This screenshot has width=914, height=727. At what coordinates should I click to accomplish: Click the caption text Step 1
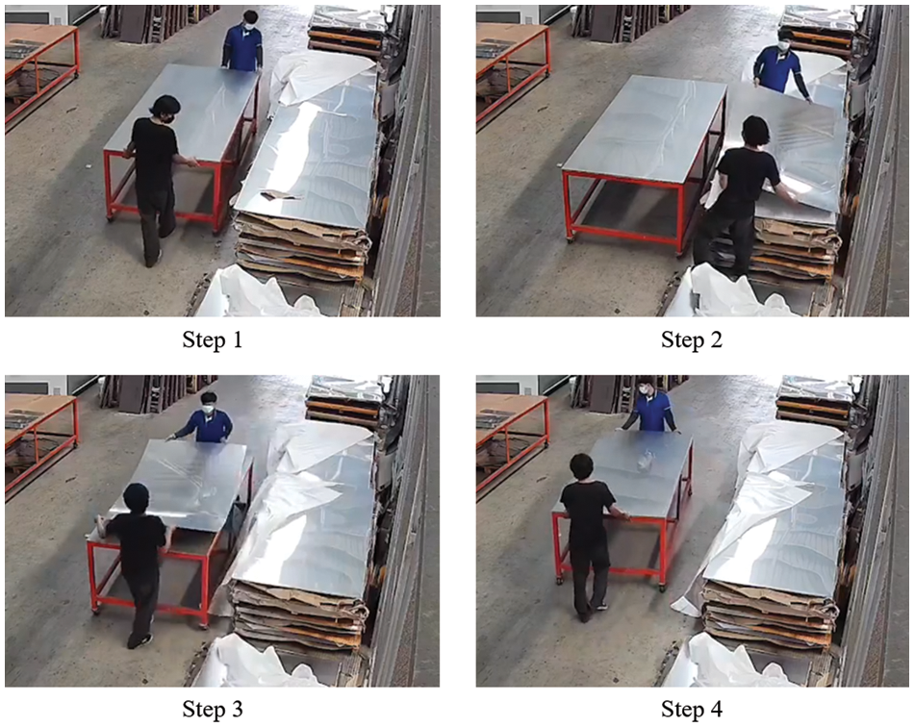pos(213,339)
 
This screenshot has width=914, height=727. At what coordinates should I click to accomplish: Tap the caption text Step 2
pos(692,339)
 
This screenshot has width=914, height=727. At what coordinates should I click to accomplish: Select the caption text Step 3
pos(213,709)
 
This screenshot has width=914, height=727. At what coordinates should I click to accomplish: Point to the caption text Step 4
pos(692,709)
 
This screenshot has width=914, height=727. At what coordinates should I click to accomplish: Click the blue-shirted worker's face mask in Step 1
pos(249,26)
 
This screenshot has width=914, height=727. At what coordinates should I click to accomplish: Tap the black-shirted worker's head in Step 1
pos(165,109)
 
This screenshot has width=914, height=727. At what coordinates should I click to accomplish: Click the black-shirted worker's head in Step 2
pos(755,133)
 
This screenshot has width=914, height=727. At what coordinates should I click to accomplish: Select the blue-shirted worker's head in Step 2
pos(783,41)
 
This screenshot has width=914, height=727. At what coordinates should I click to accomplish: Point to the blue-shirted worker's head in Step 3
pos(209,403)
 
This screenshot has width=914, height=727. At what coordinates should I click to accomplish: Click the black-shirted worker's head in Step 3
pos(137,499)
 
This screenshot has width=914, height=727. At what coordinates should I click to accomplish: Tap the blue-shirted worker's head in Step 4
pos(645,387)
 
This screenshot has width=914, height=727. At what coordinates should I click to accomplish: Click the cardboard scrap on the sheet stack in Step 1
pos(280,195)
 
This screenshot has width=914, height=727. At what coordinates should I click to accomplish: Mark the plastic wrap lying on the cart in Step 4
pos(646,461)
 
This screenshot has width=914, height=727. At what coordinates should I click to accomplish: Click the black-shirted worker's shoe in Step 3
pos(140,640)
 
